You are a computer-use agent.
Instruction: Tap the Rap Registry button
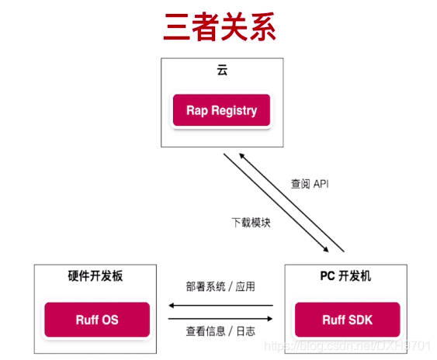point(221,110)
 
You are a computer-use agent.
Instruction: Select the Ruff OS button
point(97,320)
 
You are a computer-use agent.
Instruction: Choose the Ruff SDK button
point(347,320)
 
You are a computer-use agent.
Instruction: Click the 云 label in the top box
point(222,71)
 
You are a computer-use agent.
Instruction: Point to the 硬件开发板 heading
point(97,276)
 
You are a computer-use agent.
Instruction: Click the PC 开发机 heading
point(347,276)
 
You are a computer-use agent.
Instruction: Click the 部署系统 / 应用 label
point(220,286)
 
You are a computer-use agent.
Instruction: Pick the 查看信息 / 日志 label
point(220,331)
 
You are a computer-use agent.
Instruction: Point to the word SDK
point(362,320)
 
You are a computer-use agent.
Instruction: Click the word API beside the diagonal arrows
point(321,185)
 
